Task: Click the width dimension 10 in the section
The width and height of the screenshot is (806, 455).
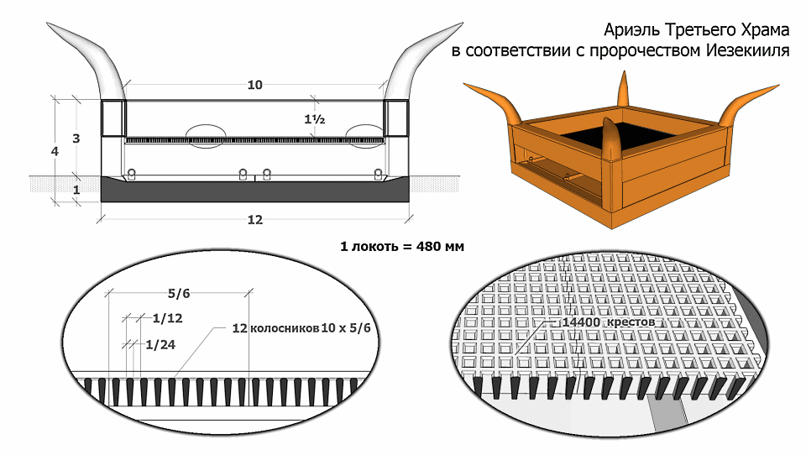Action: pyautogui.click(x=255, y=85)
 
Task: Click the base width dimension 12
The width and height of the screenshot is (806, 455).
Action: pyautogui.click(x=255, y=220)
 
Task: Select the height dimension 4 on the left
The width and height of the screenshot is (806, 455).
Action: pyautogui.click(x=55, y=152)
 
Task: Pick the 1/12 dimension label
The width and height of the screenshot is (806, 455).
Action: pyautogui.click(x=168, y=318)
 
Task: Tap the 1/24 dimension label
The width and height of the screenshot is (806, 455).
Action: pyautogui.click(x=160, y=344)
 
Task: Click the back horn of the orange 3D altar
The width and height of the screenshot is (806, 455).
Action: pyautogui.click(x=624, y=89)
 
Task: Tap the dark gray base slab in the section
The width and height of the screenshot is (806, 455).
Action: pyautogui.click(x=255, y=191)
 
